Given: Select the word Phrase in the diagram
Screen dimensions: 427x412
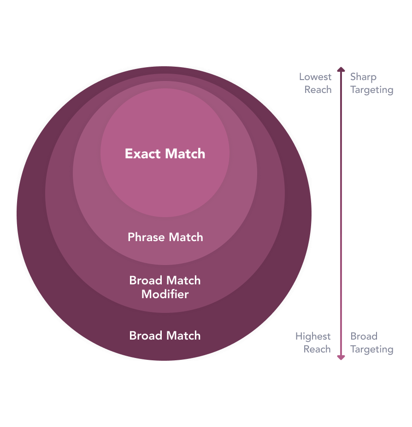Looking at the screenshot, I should pos(146,237).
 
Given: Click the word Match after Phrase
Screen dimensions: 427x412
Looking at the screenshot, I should pos(186,237).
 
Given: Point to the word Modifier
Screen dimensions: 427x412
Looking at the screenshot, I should pos(165,294).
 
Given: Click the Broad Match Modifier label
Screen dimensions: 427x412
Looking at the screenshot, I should pos(165,287).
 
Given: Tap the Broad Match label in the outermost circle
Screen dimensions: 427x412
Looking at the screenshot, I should pos(165,336).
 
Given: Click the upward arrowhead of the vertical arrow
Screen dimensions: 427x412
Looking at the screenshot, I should pos(341,69).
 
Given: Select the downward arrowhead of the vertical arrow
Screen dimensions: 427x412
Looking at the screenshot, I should pos(341,357).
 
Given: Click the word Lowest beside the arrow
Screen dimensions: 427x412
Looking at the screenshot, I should pos(315,77).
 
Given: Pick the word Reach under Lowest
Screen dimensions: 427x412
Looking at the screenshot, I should pos(318,90).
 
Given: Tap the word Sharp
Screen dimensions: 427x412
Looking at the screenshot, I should pos(363,77).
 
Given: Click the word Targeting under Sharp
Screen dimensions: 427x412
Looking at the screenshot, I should pos(371,90).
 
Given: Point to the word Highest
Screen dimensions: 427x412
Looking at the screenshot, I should pos(313,336).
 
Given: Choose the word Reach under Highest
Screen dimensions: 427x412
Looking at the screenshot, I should pos(317,349).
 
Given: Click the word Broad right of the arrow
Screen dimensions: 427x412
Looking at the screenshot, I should pos(364,336).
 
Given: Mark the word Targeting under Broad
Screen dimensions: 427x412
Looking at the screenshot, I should pos(371,349).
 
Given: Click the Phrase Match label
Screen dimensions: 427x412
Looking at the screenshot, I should pos(165,237).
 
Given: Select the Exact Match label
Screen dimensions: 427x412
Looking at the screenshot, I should pos(165,154).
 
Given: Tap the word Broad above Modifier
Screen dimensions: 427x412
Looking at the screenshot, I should pos(146,281).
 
